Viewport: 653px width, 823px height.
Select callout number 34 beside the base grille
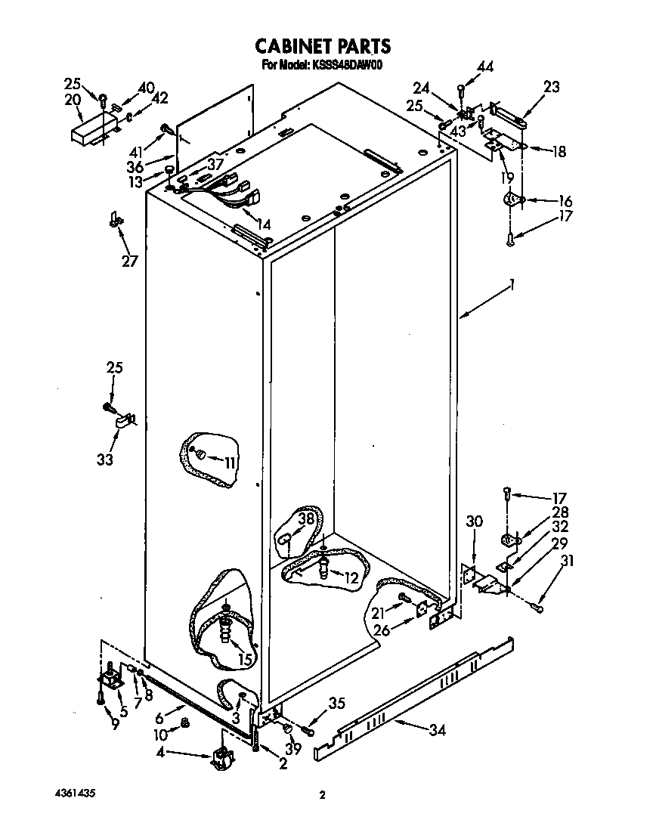pyautogui.click(x=436, y=731)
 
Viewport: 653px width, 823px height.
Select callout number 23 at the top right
pyautogui.click(x=552, y=87)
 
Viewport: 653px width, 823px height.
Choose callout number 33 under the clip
pyautogui.click(x=105, y=459)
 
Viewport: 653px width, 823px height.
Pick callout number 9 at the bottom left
pyautogui.click(x=115, y=725)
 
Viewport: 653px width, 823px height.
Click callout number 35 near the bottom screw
pyautogui.click(x=336, y=704)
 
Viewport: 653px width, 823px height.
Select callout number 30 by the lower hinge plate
pyautogui.click(x=473, y=521)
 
